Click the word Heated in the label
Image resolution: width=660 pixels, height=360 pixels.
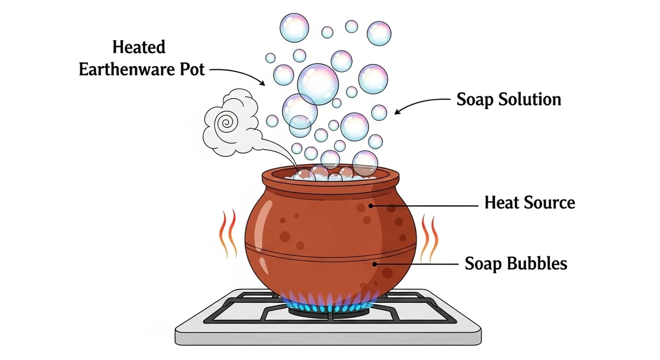[x=139, y=47]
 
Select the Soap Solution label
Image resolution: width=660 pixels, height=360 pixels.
[x=508, y=100]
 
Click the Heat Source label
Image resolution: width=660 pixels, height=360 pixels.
[x=530, y=203]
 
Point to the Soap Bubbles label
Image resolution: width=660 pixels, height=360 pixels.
[x=516, y=264]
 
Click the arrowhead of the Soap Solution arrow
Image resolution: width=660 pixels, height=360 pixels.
[x=397, y=111]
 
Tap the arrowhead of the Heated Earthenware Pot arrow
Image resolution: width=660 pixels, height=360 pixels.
[x=262, y=83]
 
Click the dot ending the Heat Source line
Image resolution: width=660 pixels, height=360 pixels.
[x=371, y=206]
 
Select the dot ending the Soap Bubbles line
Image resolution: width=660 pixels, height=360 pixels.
[x=374, y=264]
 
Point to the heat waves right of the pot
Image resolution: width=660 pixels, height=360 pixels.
[x=429, y=238]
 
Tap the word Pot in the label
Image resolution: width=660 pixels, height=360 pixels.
[x=192, y=70]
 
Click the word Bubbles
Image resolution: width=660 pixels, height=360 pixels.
[x=537, y=263]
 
